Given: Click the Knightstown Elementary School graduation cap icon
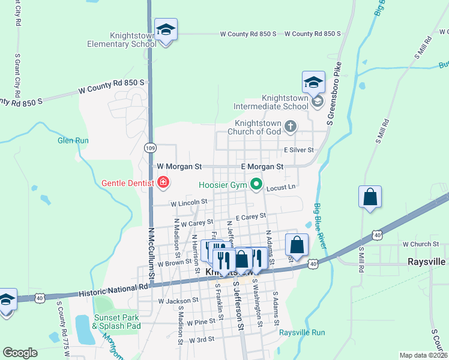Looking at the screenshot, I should (166, 29).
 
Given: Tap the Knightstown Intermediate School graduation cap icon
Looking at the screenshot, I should (313, 82).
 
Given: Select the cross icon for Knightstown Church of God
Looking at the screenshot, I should (291, 126).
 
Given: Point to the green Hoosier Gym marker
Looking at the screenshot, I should (256, 184).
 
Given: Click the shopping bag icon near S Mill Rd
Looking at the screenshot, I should (370, 197).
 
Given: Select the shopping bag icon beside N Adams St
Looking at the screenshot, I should (297, 245).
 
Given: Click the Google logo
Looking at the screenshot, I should (20, 353).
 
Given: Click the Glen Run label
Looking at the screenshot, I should (73, 140).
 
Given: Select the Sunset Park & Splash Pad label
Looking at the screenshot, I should (116, 322).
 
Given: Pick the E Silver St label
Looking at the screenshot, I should (300, 149).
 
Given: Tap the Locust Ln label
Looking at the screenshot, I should (281, 188).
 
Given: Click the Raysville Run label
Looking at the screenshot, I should (302, 332).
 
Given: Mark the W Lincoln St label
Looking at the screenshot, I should (188, 203).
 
